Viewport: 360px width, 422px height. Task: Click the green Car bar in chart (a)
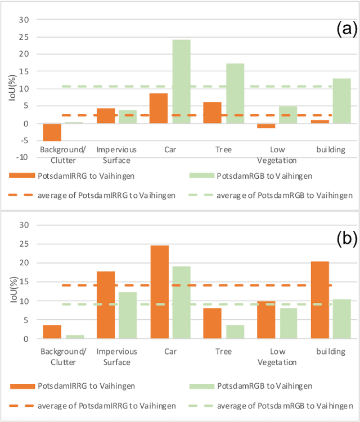pos(181,81)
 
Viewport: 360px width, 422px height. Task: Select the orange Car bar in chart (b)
pos(159,292)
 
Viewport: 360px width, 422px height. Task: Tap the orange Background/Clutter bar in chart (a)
pos(52,132)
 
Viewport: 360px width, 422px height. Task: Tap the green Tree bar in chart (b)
pos(235,332)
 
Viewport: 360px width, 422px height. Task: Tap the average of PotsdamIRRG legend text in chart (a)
pos(107,195)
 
